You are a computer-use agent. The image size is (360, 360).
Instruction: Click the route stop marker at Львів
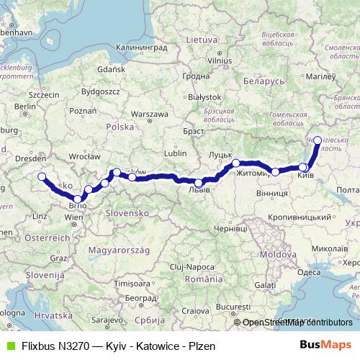199,183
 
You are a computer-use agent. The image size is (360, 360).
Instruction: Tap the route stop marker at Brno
77,198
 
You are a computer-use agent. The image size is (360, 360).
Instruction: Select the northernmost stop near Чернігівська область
318,140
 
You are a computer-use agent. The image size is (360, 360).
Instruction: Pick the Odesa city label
309,272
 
